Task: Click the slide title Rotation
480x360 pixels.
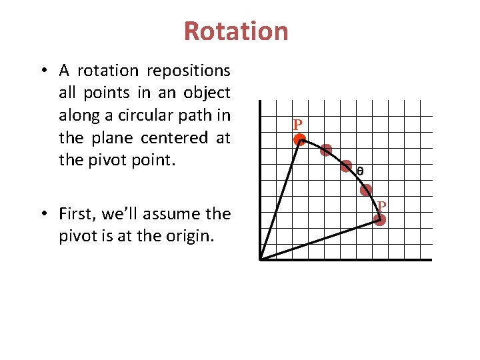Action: (236, 31)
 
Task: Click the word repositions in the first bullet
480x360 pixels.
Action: (189, 71)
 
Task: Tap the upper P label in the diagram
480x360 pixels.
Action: (297, 125)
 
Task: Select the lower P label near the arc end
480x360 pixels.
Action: (382, 205)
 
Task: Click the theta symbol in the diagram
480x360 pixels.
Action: (360, 171)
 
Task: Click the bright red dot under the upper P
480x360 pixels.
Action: (300, 140)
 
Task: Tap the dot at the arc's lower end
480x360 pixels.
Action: (379, 219)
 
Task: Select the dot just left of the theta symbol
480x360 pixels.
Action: (346, 166)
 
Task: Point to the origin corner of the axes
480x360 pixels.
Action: (261, 259)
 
